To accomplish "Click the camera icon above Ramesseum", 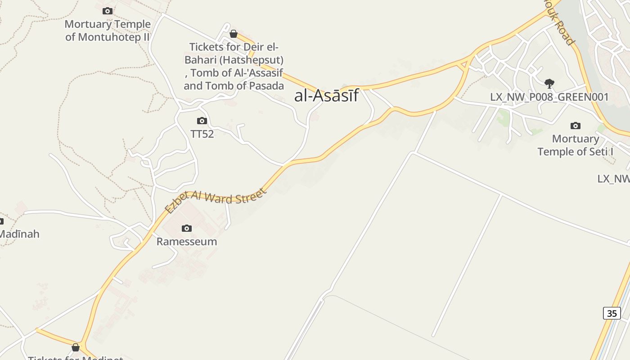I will pyautogui.click(x=187, y=229).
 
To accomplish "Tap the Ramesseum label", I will pyautogui.click(x=187, y=242).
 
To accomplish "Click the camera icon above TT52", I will pyautogui.click(x=202, y=121).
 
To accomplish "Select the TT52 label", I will pyautogui.click(x=202, y=134).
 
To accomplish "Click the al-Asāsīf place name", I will pyautogui.click(x=326, y=95).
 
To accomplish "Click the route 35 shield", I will pyautogui.click(x=612, y=313).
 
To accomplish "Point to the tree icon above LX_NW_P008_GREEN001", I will pyautogui.click(x=549, y=83).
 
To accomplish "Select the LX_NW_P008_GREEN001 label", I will pyautogui.click(x=549, y=97).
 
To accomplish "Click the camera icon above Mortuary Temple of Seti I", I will pyautogui.click(x=575, y=126).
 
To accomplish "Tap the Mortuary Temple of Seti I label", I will pyautogui.click(x=575, y=145).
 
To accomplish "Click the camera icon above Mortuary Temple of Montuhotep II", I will pyautogui.click(x=108, y=11).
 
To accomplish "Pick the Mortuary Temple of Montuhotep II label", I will pyautogui.click(x=108, y=31).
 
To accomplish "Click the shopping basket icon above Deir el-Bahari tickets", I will pyautogui.click(x=234, y=34).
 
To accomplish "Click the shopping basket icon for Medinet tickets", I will pyautogui.click(x=76, y=347).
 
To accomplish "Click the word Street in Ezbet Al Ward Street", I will pyautogui.click(x=250, y=196).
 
